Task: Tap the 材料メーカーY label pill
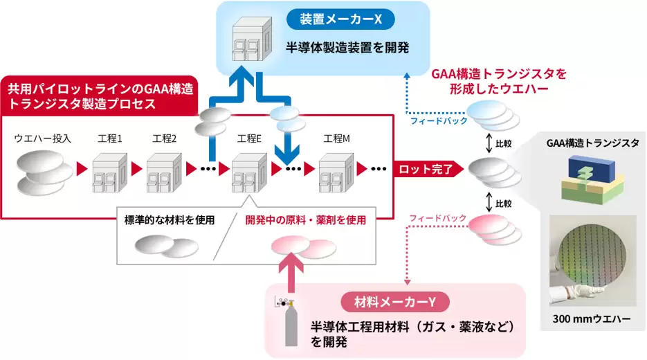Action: click(394, 301)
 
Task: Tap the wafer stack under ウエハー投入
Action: click(44, 173)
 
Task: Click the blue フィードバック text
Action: click(439, 121)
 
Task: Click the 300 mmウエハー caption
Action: click(594, 321)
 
